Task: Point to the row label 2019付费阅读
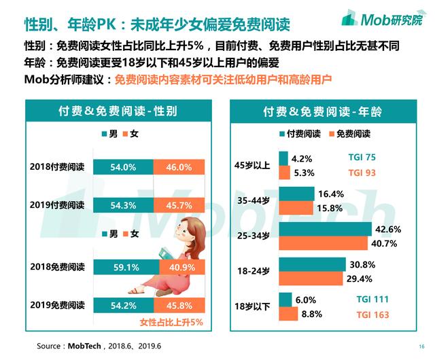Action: (x=57, y=204)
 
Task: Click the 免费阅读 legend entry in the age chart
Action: (x=349, y=134)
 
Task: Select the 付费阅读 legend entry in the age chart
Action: (x=298, y=134)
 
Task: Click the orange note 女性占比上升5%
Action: (x=171, y=323)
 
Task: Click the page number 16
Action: (x=421, y=346)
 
